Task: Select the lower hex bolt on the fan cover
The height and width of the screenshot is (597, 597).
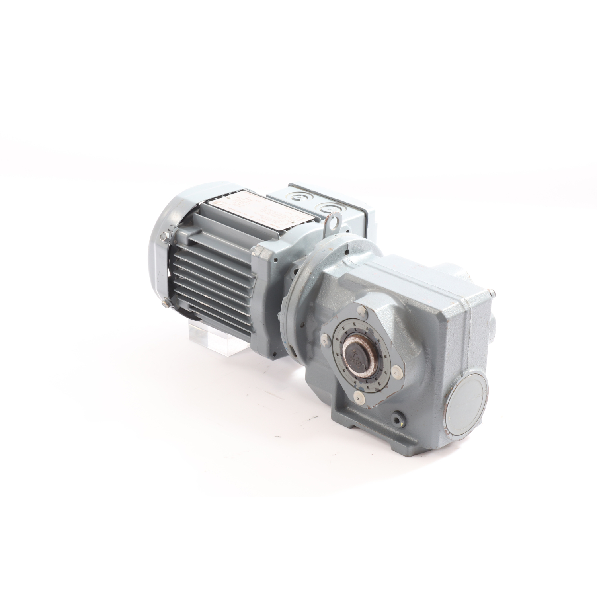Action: pyautogui.click(x=165, y=304)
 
